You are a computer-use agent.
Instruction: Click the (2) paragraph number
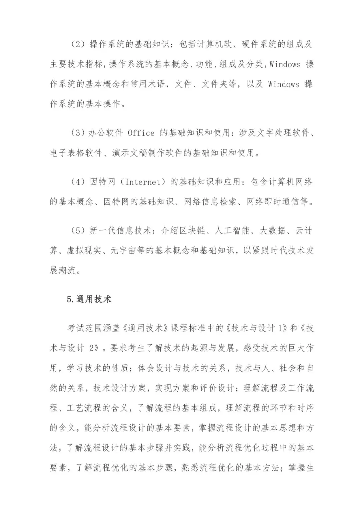tap(78, 45)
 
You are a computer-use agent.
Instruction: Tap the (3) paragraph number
tap(78, 133)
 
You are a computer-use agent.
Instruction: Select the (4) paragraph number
tap(78, 182)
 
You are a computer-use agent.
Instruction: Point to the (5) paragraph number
tap(78, 231)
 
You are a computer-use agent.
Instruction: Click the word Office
tap(141, 133)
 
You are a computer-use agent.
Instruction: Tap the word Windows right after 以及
tap(283, 84)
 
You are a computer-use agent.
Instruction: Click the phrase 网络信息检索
tap(211, 202)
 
